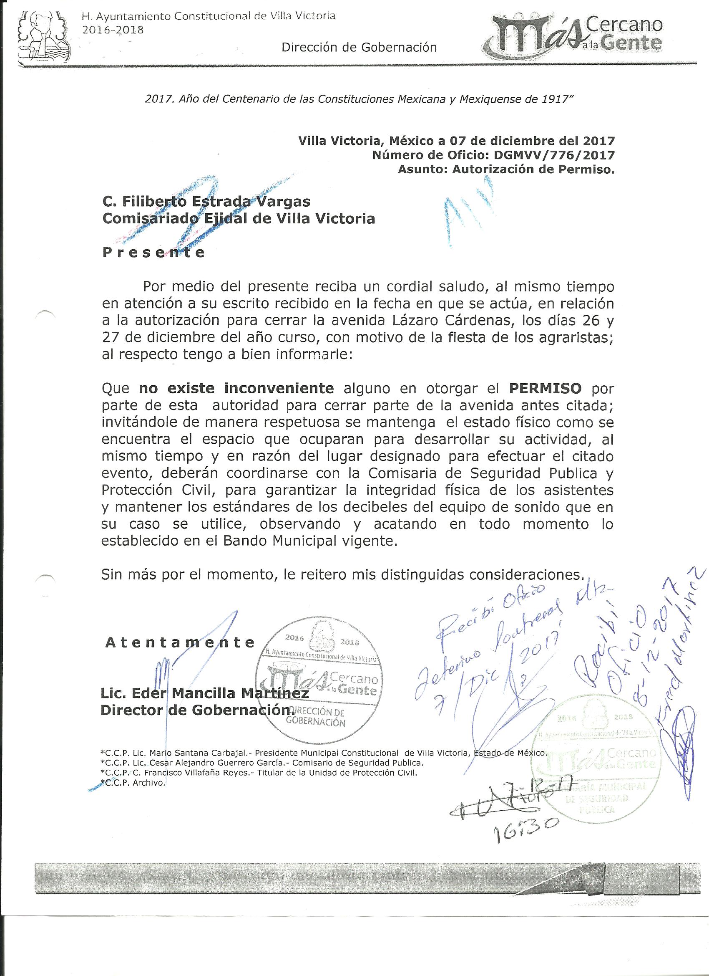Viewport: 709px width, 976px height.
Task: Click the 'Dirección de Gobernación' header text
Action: [x=359, y=47]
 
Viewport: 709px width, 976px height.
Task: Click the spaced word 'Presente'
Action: [x=153, y=252]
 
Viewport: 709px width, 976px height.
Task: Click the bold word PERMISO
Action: [x=545, y=388]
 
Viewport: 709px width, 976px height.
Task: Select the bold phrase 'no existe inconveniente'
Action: [x=236, y=388]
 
